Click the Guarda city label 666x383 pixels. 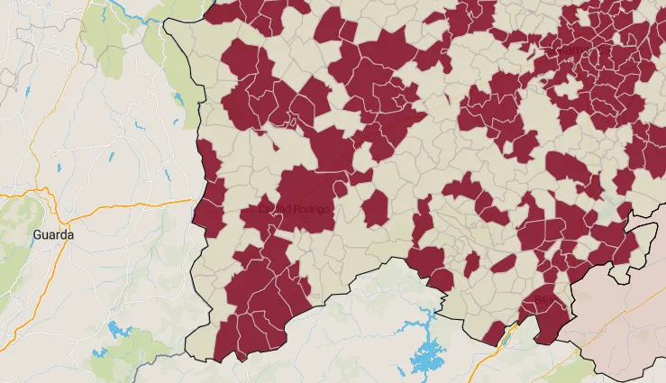[x=53, y=234]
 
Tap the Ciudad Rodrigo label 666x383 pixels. [x=295, y=209]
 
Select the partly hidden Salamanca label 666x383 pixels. [x=570, y=51]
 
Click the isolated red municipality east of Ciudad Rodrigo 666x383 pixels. [x=375, y=208]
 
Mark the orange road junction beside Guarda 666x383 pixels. [x=45, y=191]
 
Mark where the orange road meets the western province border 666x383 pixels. [x=194, y=200]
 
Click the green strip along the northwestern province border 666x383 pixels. [x=185, y=72]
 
